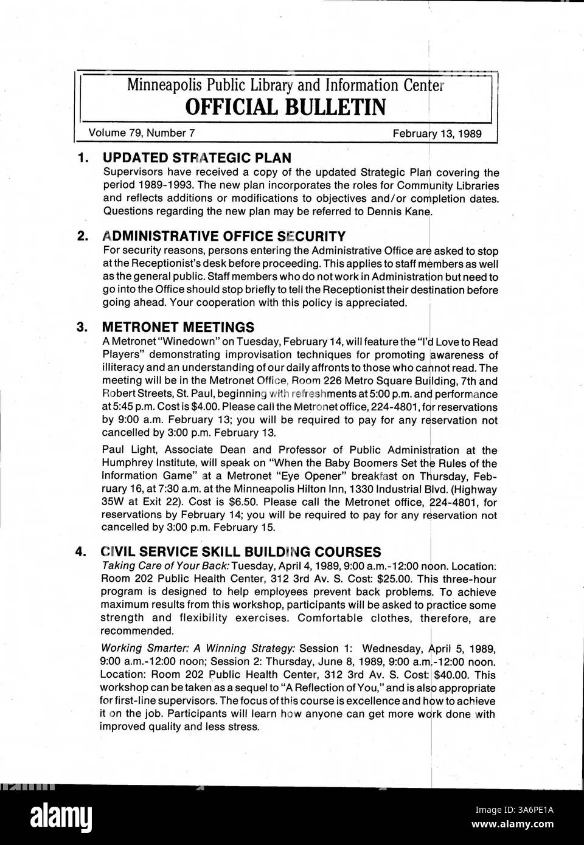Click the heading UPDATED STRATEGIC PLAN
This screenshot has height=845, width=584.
point(196,158)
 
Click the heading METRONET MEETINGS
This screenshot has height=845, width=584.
point(178,327)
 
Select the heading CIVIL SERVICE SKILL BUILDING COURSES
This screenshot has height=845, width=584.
point(241,551)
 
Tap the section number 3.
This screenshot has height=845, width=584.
point(82,327)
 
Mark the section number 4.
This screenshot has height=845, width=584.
point(80,552)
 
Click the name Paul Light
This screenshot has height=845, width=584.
point(125,450)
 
